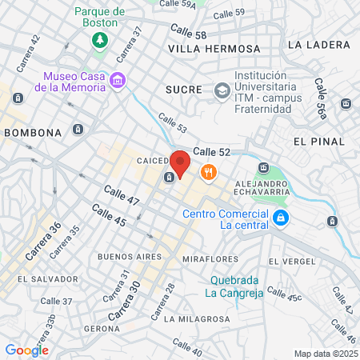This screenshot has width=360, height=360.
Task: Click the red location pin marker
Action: point(181,163)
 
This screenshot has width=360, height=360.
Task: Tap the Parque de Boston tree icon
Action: point(100,40)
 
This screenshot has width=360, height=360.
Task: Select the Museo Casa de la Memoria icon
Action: point(118,80)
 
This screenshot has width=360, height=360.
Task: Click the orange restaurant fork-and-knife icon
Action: point(209,172)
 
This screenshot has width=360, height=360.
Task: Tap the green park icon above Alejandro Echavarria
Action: point(264,169)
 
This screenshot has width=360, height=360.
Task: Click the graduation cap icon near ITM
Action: point(220,90)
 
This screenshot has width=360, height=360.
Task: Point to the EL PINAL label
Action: point(319,141)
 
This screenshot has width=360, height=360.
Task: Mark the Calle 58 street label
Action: point(188,33)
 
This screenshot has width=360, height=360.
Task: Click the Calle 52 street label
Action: point(212,150)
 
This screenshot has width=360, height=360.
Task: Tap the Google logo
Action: point(26,350)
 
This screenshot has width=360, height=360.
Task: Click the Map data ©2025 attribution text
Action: point(325,354)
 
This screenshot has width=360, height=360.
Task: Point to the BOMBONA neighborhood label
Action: point(33,132)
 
